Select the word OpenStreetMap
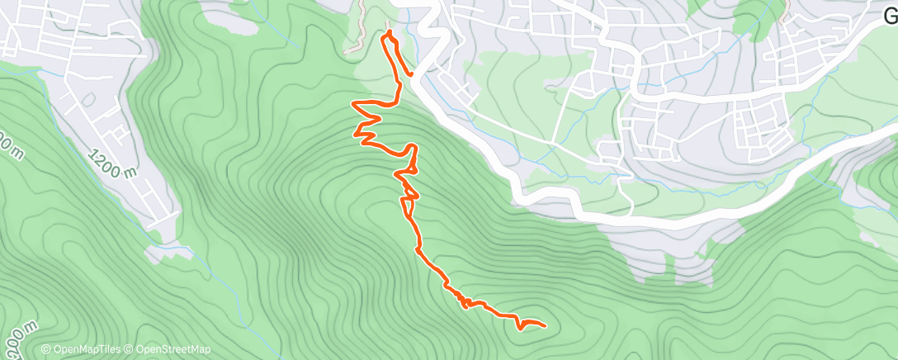click(x=173, y=350)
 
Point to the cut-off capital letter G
click(x=891, y=14)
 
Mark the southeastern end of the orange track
click(x=546, y=324)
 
